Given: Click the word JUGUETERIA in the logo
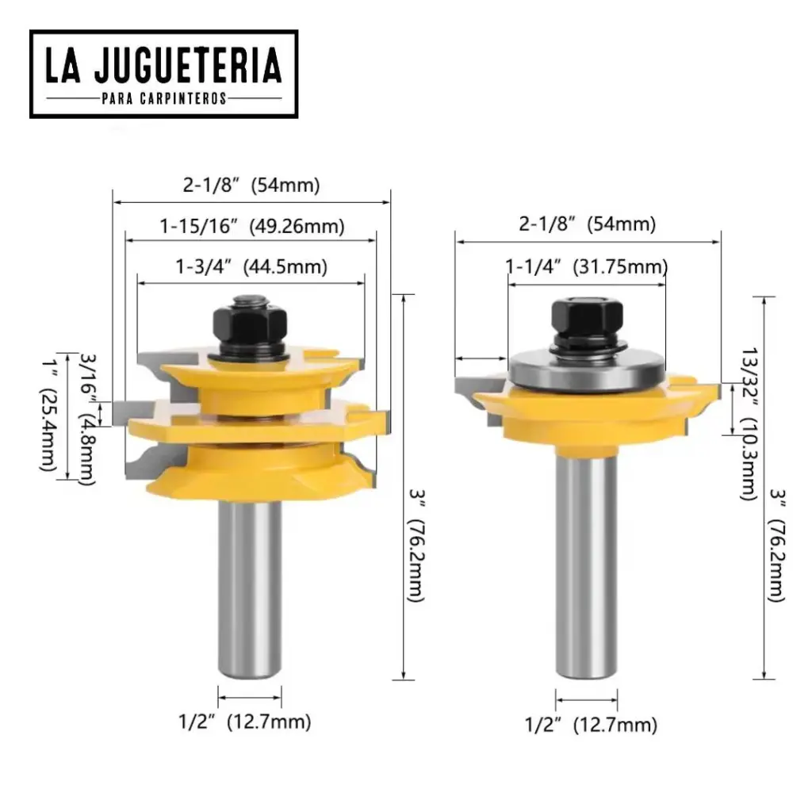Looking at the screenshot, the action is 188,65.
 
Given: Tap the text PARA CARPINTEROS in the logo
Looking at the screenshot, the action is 164,98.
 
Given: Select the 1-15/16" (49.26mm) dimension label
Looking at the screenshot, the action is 251,226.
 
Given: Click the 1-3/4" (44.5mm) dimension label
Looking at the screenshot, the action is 251,266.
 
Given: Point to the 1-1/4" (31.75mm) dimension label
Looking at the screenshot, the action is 587,266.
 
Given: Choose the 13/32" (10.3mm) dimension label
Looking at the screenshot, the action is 749,423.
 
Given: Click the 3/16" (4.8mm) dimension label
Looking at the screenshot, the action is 88,419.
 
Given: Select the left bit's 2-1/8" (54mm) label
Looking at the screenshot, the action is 251,185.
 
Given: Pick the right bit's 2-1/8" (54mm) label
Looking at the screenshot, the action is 588,224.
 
